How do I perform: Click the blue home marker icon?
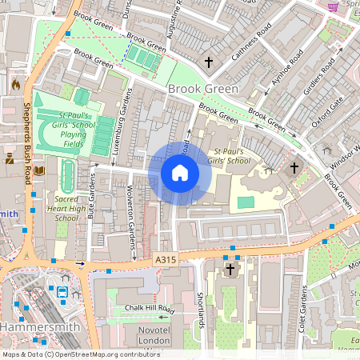coord(180,173)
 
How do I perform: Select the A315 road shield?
coord(166,260)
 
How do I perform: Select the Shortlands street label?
coord(201,308)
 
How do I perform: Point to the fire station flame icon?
coord(15,83)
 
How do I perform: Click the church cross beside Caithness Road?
coord(210,62)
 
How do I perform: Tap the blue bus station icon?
coord(62,294)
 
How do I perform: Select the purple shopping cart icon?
coord(332,6)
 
